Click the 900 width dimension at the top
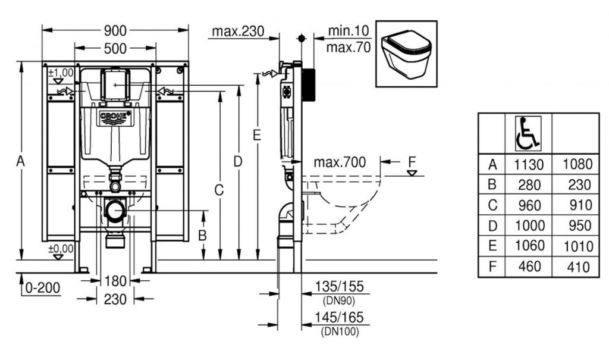point(115,30)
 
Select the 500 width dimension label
point(115,49)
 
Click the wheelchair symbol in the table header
point(528,133)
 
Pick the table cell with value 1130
point(529,164)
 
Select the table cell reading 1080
point(577,164)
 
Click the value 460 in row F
point(529,267)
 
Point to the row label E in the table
point(492,246)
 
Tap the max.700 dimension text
point(340,162)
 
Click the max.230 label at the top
point(238,31)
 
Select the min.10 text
point(348,30)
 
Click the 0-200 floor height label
point(43,288)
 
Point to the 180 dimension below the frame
point(115,281)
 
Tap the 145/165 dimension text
point(339,318)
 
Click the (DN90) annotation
point(339,300)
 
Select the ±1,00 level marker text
point(61,73)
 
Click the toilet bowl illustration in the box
point(406,54)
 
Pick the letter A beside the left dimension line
point(21,161)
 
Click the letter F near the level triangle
point(412,161)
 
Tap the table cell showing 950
point(578,226)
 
